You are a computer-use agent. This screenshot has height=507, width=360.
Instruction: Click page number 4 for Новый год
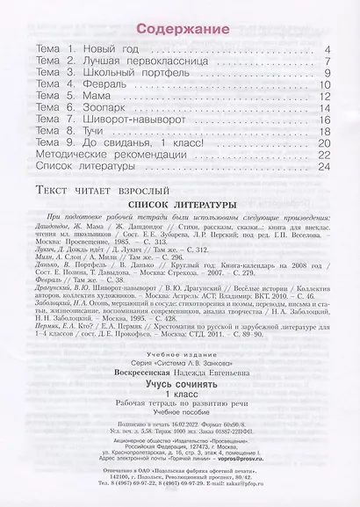point(325,51)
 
